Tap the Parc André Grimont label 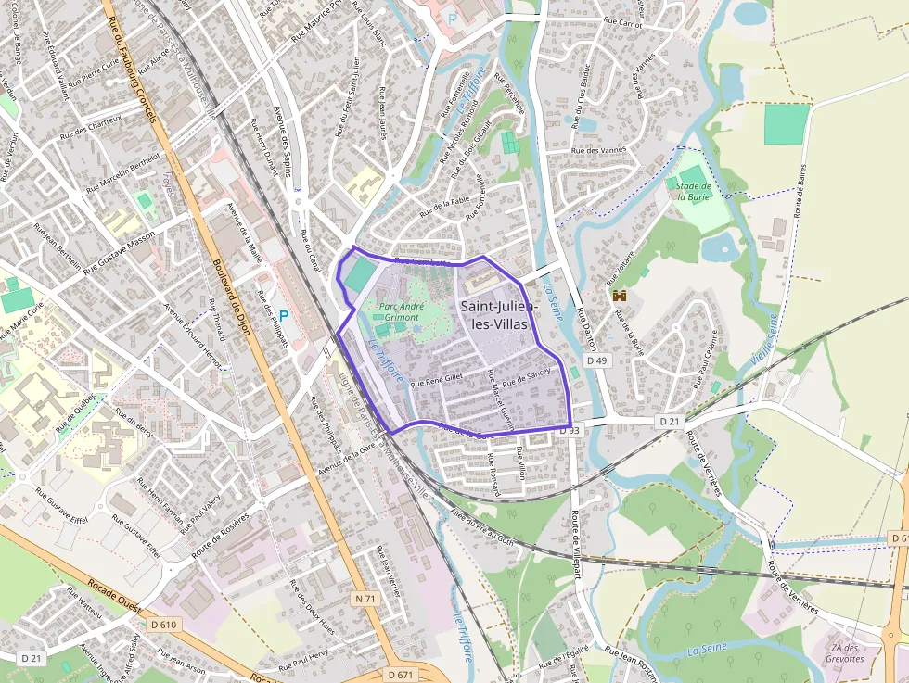pyautogui.click(x=402, y=311)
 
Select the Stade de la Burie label pyautogui.click(x=693, y=191)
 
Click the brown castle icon pyautogui.click(x=620, y=295)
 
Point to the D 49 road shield pyautogui.click(x=596, y=360)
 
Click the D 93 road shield pyautogui.click(x=570, y=431)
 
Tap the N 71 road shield pyautogui.click(x=365, y=599)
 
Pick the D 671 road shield pyautogui.click(x=401, y=674)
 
